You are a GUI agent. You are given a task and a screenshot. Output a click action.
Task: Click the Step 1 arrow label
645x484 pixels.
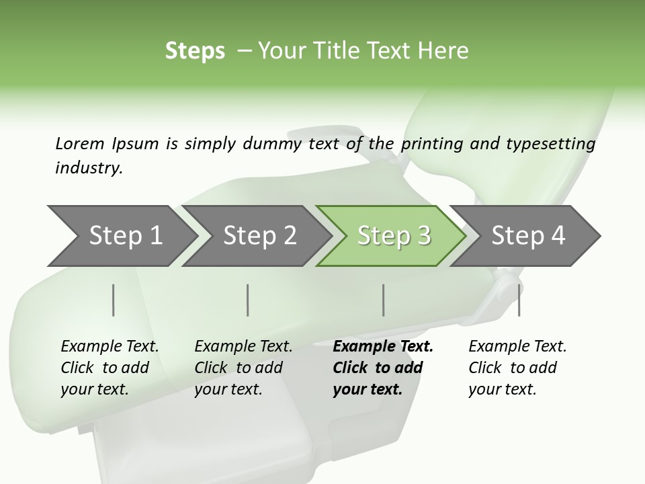pos(126,235)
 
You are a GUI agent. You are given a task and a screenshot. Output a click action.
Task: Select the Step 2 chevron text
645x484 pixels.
pos(260,235)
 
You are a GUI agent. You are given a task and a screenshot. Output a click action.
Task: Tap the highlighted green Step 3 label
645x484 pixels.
pos(394,235)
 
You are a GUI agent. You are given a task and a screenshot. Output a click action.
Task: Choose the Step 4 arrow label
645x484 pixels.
pos(528,235)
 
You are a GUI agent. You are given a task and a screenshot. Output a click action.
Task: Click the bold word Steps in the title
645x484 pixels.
pos(195,50)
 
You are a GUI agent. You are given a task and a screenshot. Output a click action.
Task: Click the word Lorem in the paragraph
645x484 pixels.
pos(79,143)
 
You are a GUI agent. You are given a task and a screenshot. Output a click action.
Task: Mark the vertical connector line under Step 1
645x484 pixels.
pos(114,300)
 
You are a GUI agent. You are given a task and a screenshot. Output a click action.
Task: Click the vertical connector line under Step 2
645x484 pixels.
pos(248,300)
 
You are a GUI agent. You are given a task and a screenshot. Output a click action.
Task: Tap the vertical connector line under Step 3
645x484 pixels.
pos(384,300)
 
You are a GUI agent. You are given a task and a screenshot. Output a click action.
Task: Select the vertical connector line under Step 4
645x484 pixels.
pos(519,300)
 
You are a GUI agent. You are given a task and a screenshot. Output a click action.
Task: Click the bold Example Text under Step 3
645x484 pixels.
pos(383,346)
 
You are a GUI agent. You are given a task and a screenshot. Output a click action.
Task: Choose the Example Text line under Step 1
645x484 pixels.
pos(110,346)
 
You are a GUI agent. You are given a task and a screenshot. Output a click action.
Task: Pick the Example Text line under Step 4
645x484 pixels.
pos(517,346)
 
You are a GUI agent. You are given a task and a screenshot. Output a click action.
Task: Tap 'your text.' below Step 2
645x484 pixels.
pos(228,389)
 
